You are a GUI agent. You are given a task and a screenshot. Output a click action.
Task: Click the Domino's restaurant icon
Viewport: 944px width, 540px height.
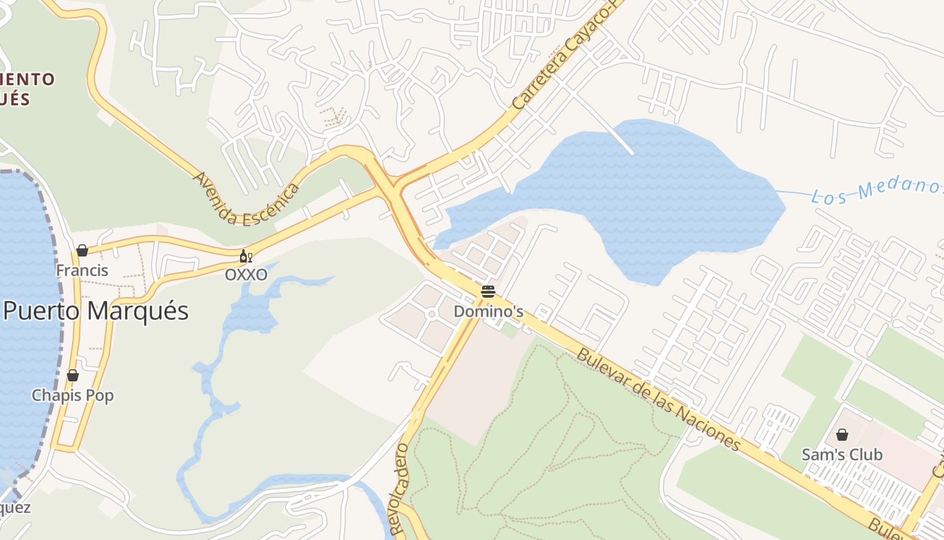point(488,292)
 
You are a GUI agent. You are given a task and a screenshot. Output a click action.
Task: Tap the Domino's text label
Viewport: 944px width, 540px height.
point(488,312)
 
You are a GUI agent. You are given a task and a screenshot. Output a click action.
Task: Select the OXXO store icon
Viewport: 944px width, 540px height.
point(246,256)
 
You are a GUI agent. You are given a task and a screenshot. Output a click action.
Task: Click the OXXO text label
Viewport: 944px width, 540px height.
point(245,275)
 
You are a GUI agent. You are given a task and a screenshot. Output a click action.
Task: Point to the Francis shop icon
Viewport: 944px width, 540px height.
point(82,250)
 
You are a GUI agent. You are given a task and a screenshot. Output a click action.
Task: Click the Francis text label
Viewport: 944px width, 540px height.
point(82,271)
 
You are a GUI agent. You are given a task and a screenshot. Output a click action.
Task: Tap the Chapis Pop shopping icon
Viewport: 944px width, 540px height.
point(73,375)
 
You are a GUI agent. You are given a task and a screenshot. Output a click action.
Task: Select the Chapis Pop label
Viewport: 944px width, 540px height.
point(73,396)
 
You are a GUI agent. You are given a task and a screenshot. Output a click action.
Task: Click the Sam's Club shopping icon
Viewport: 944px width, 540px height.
point(842,435)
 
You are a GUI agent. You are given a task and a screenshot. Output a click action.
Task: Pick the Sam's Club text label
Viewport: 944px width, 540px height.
point(842,455)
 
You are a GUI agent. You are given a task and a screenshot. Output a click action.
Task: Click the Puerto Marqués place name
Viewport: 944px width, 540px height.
point(96,311)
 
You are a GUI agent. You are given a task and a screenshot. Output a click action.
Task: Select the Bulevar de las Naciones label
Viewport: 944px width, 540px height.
point(659,399)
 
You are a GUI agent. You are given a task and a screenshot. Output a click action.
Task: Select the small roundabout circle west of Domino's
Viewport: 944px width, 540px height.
point(432,315)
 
